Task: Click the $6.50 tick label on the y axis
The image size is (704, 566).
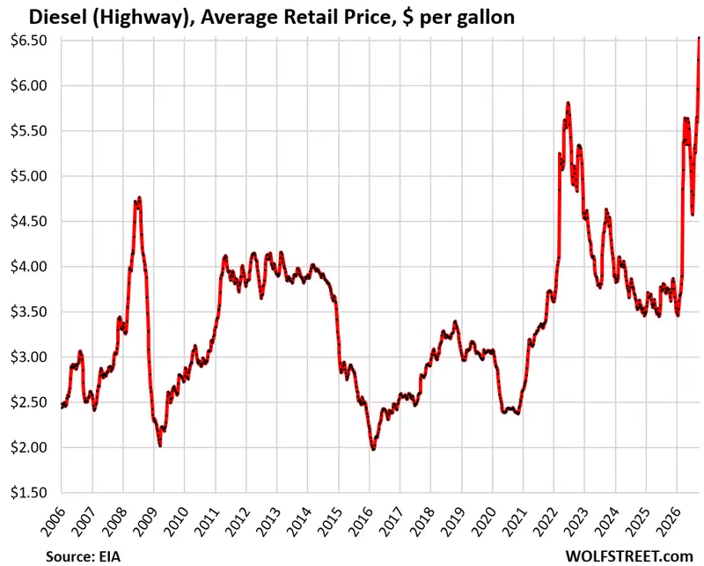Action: coord(29,40)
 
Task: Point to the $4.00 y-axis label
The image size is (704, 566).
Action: coord(29,267)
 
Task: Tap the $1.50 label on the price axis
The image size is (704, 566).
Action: coord(29,493)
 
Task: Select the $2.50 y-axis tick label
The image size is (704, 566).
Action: coord(29,402)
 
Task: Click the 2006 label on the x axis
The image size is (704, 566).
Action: coord(53,522)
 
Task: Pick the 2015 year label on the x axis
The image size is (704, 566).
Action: coord(330,522)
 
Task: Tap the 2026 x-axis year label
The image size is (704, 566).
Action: coord(669,522)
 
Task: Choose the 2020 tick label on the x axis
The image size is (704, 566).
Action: coord(484,522)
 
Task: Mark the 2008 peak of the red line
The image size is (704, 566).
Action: coord(140,197)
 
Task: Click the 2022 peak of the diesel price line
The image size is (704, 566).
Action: coord(568,103)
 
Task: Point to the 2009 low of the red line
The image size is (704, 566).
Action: coord(160,445)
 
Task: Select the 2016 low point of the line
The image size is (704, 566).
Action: coord(373,448)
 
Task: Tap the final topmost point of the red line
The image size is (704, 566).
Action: coord(699,38)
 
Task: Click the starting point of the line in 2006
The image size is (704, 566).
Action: coord(62,407)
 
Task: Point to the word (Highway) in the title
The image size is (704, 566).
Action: coord(143,18)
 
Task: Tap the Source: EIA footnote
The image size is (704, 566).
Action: coord(83,556)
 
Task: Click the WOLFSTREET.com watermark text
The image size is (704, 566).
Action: coord(629,556)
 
